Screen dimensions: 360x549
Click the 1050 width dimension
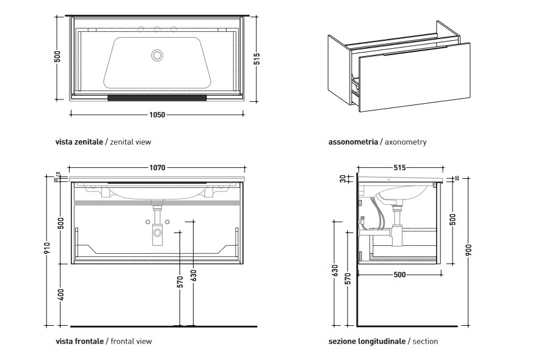click(157, 113)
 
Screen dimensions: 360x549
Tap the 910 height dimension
click(48, 249)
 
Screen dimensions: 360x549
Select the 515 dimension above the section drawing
click(400, 167)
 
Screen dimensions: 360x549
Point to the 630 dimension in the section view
click(334, 269)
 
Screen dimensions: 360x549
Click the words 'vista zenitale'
click(79, 142)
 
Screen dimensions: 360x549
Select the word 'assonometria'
click(352, 142)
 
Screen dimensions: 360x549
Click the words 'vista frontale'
click(79, 341)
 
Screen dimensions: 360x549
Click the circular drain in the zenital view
click(158, 56)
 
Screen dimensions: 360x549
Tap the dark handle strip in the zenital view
click(157, 96)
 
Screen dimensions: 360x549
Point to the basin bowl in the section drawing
click(400, 197)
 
